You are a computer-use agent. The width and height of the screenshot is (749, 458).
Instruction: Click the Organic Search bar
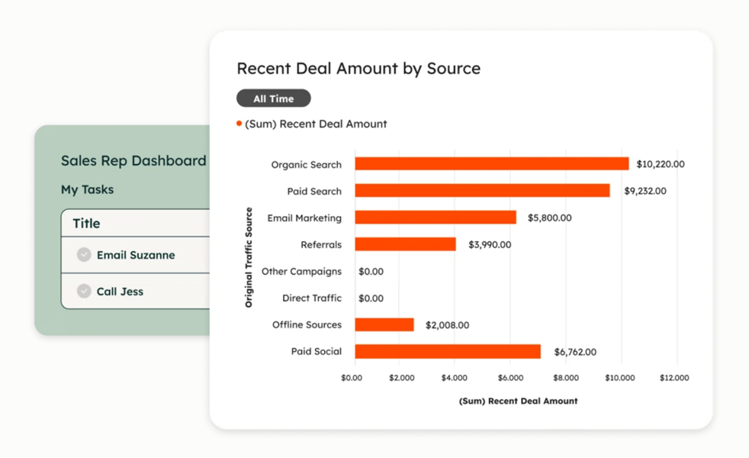[x=492, y=164]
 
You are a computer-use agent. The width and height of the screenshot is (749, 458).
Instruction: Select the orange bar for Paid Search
[x=482, y=191]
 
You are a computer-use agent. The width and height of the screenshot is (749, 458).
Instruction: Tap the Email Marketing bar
[x=436, y=218]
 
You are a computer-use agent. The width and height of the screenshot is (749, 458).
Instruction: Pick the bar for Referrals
[x=405, y=244]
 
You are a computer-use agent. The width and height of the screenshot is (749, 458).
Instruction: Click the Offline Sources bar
[x=384, y=325]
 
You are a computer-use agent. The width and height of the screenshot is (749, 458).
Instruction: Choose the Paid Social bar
[x=448, y=352]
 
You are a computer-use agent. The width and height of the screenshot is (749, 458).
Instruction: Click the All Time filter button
[x=274, y=98]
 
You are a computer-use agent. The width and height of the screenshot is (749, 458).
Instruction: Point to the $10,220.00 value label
[x=661, y=164]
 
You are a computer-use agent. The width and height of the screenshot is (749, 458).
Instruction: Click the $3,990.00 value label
[x=490, y=245]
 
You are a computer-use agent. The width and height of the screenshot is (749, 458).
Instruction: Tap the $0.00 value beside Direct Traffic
[x=371, y=298]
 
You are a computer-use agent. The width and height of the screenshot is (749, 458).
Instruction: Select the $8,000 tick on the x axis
[x=566, y=378]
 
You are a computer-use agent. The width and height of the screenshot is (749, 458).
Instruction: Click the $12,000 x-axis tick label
[x=674, y=378]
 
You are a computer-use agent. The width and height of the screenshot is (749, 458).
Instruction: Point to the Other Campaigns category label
[x=301, y=272]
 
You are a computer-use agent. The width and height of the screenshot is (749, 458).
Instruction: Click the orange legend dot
[x=239, y=124]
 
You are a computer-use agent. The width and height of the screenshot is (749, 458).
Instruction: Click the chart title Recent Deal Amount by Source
[x=358, y=69]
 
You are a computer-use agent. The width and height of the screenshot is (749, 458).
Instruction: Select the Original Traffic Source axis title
[x=249, y=258]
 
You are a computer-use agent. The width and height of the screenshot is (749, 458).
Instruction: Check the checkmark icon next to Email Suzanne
[x=84, y=255]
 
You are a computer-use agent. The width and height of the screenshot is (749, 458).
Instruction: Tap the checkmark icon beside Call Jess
[x=84, y=292]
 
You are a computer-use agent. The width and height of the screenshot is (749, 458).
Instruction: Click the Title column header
[x=86, y=224]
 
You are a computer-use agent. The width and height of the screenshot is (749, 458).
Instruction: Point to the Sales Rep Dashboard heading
[x=133, y=161]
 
